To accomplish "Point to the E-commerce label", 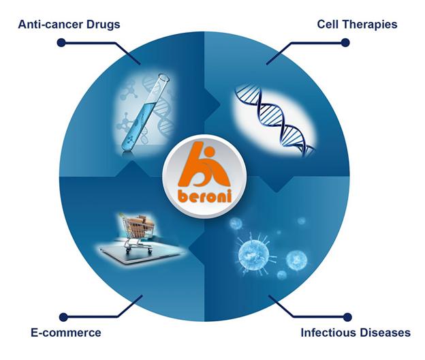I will coord(66,333).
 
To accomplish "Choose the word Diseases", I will coord(385,333).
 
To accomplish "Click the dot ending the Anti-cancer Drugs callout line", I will coord(61,42).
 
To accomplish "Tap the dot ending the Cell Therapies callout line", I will coord(345,42).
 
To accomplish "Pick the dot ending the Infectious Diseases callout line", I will coord(347,317).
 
